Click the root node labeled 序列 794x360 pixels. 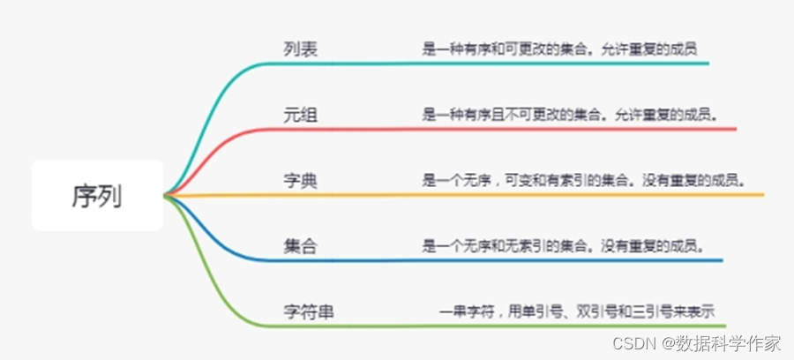97,195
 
